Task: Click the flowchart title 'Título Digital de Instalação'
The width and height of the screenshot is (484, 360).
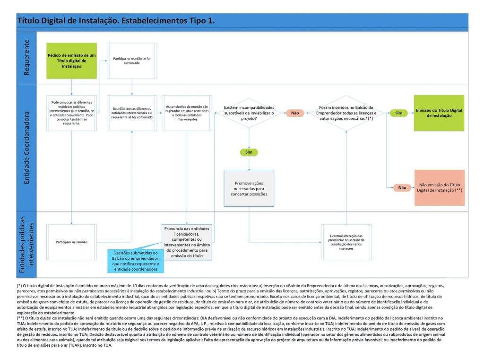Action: coord(116,21)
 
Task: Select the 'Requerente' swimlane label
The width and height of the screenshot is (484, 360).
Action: coord(26,57)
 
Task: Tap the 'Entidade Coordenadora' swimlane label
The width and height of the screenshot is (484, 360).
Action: coord(26,148)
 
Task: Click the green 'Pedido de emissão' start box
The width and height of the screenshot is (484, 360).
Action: coord(71,61)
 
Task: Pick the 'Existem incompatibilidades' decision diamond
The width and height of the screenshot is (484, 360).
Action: coord(249,113)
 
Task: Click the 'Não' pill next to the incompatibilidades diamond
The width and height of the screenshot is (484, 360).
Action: coord(295,113)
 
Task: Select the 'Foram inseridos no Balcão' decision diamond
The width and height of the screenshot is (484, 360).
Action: coord(346,113)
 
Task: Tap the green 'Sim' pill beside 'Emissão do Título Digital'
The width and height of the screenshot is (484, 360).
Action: coord(398,113)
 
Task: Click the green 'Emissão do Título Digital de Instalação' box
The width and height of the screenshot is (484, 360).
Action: coord(439,113)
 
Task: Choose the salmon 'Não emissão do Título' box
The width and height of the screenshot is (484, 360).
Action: coord(439,187)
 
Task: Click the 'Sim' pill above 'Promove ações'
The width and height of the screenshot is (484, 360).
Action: coord(249,152)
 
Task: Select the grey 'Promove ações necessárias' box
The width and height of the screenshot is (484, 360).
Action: coord(249,188)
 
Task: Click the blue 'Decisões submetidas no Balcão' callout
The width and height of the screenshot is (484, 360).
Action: coord(135,261)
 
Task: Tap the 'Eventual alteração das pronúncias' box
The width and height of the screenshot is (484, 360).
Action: coord(346,242)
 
